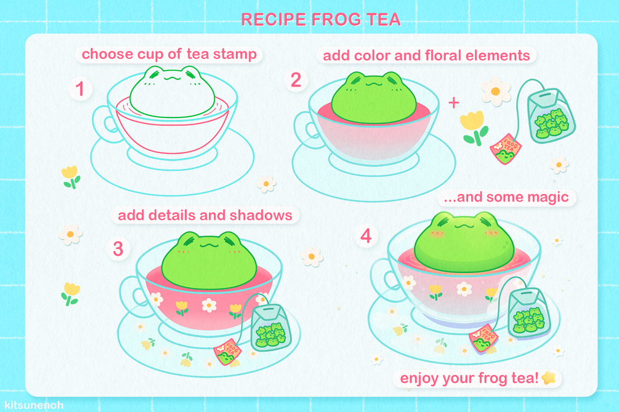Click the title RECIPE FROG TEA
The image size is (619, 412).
pos(320,20)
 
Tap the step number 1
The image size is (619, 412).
pos(80,89)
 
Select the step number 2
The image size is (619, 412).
pos(296,80)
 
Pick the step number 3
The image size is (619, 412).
pos(118,249)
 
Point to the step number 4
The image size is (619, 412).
pos(366,236)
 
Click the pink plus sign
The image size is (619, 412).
pos(454,103)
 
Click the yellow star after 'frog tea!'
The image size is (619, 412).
pos(549,378)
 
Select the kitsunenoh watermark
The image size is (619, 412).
pos(34,405)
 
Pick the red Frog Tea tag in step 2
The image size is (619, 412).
pos(506,149)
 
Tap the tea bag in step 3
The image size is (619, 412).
pos(271,327)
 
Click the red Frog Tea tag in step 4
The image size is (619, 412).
pos(483,339)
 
